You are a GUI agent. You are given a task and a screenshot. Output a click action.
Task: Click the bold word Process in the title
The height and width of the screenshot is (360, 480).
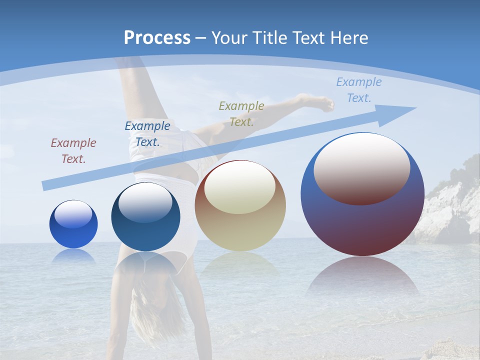(x=157, y=38)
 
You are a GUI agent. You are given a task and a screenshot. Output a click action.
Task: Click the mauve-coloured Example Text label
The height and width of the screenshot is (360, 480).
(x=73, y=151)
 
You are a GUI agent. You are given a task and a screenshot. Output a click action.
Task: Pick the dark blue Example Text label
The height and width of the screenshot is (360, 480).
(x=147, y=134)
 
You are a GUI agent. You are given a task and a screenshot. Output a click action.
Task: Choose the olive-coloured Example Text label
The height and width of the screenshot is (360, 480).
(x=241, y=113)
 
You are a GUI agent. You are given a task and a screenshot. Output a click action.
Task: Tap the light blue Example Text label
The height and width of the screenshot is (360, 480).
(x=358, y=90)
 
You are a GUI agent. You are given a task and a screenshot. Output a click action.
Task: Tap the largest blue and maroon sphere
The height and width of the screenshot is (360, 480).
(x=362, y=220)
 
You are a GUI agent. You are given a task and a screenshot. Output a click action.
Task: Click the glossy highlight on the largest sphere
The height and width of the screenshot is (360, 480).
(x=362, y=168)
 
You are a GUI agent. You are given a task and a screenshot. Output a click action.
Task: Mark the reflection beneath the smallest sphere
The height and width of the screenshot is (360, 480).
(x=73, y=256)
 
